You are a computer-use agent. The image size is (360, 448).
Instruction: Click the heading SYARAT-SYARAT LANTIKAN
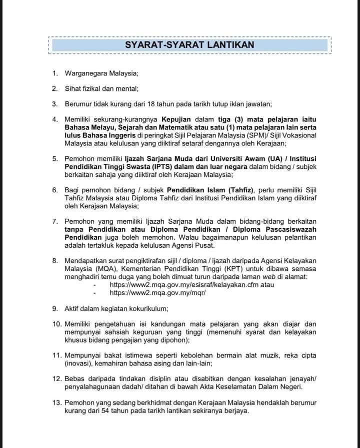[189, 45]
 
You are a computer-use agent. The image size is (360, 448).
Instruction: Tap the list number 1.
[55, 73]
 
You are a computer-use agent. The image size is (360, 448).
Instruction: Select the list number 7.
[55, 221]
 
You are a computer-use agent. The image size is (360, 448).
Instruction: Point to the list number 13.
[57, 403]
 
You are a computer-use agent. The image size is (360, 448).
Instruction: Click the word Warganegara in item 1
[86, 73]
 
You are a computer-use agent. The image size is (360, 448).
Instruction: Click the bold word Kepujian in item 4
[176, 119]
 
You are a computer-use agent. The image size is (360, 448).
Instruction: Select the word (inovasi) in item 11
[79, 363]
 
